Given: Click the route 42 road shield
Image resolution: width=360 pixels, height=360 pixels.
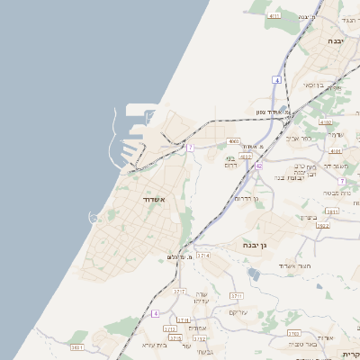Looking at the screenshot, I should (259, 166).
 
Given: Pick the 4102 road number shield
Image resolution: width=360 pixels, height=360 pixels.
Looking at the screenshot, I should (324, 122).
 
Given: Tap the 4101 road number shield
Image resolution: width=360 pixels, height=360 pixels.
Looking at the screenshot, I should (335, 151).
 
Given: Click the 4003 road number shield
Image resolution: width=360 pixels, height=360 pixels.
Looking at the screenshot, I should (233, 141).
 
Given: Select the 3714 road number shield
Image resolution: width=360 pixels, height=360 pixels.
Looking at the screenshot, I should (203, 256).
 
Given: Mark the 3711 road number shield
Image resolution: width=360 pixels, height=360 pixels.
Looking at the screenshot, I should (238, 295).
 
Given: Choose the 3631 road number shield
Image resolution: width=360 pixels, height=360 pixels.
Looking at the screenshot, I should (77, 346).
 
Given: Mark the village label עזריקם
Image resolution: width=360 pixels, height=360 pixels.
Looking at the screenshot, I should (238, 312).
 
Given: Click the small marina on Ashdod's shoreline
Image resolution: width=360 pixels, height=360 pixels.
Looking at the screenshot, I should (94, 218).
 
